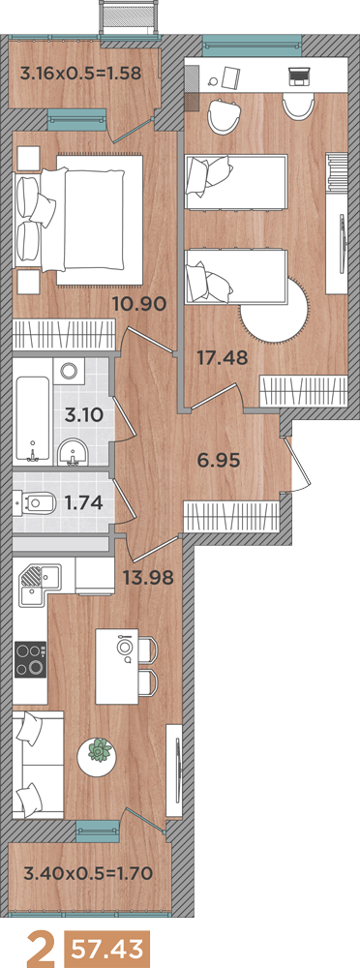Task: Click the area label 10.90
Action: [x=139, y=303]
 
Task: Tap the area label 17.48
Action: [x=223, y=356]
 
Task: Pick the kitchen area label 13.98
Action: [x=147, y=578]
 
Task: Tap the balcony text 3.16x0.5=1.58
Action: [x=81, y=75]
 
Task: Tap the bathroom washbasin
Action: [x=74, y=453]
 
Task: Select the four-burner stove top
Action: [x=30, y=660]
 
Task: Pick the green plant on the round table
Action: [x=100, y=751]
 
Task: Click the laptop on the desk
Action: [x=299, y=76]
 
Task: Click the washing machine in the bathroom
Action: [x=69, y=371]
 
